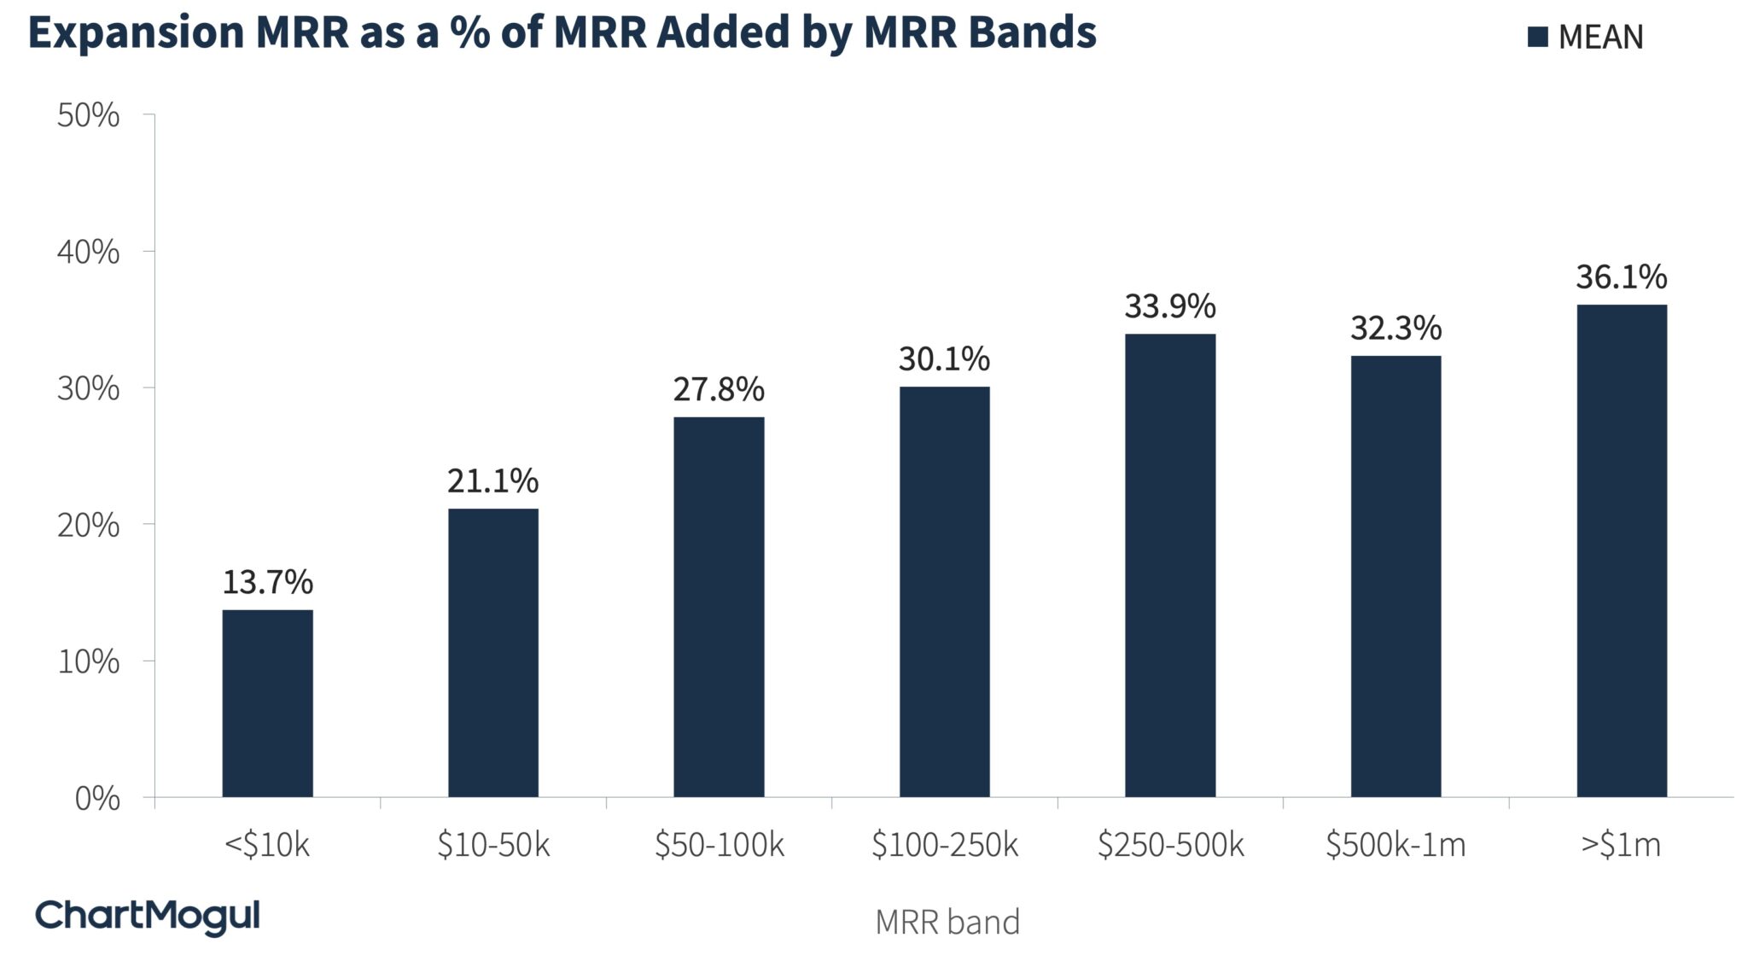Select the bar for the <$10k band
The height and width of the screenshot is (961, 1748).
click(267, 703)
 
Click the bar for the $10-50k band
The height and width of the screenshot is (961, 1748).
click(492, 653)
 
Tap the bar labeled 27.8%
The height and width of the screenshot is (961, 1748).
click(719, 607)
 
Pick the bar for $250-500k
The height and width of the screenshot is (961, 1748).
click(1169, 565)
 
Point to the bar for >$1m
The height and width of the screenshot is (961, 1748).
click(1621, 550)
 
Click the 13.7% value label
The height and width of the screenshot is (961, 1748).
click(267, 582)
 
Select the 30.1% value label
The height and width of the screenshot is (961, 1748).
click(944, 359)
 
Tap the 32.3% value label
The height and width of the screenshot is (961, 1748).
click(1395, 328)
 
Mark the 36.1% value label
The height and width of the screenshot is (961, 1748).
click(1621, 277)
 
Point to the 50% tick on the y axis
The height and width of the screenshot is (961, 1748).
click(88, 115)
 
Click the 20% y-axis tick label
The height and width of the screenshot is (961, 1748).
click(88, 525)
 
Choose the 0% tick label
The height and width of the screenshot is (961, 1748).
click(96, 799)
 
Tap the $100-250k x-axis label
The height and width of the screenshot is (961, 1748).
click(944, 845)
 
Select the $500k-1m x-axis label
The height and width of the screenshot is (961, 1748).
click(1395, 845)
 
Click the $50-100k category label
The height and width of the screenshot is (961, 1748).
click(719, 845)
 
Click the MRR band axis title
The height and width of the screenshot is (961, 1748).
click(947, 922)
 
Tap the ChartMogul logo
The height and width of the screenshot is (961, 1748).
click(147, 917)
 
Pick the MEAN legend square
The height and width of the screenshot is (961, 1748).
click(1538, 37)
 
